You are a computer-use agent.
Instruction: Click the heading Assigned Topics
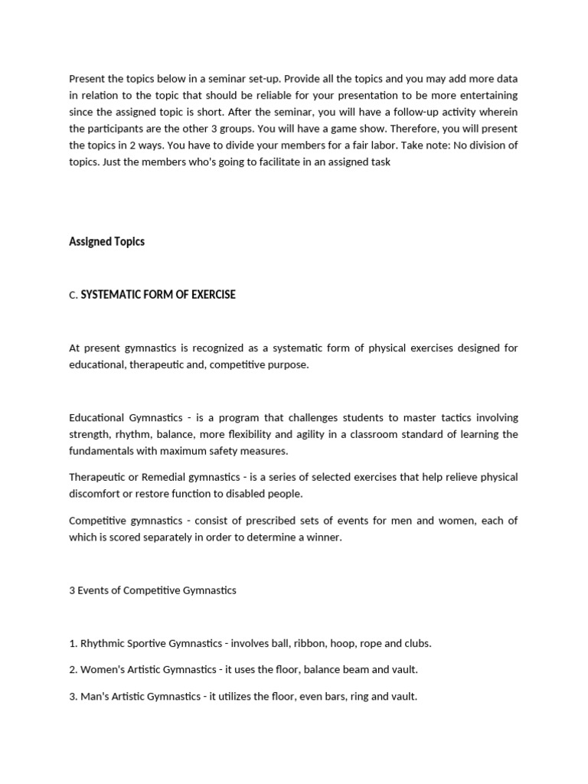tap(106, 241)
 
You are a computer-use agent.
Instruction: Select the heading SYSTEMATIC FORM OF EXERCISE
tap(158, 295)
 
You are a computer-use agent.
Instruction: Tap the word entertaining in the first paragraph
tap(487, 95)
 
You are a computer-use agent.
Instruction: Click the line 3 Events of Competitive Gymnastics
tap(152, 590)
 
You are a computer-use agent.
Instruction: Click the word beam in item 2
tap(360, 670)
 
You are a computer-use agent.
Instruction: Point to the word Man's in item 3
tap(95, 697)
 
